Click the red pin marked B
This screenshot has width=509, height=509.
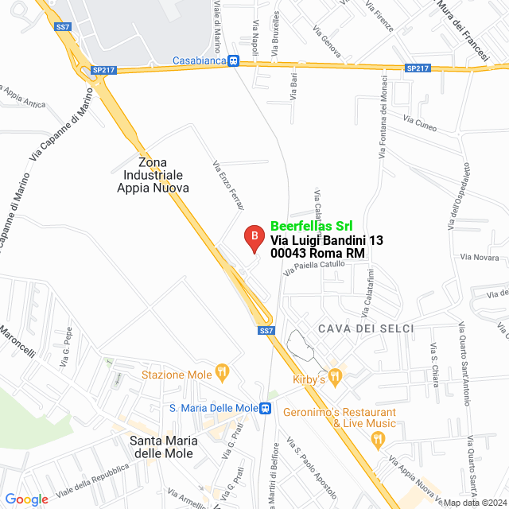253,236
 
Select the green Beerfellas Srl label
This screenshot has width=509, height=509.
312,226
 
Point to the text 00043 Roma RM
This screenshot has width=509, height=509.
317,253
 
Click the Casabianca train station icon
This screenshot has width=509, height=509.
233,60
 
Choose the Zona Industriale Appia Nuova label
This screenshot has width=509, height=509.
153,175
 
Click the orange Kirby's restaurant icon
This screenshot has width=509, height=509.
335,375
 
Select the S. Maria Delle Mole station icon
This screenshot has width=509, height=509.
266,408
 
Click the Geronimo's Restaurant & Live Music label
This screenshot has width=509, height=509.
363,418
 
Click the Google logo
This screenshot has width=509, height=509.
27,499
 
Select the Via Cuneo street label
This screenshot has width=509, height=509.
420,123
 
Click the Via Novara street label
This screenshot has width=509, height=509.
480,258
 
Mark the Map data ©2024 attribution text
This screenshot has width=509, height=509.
474,503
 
